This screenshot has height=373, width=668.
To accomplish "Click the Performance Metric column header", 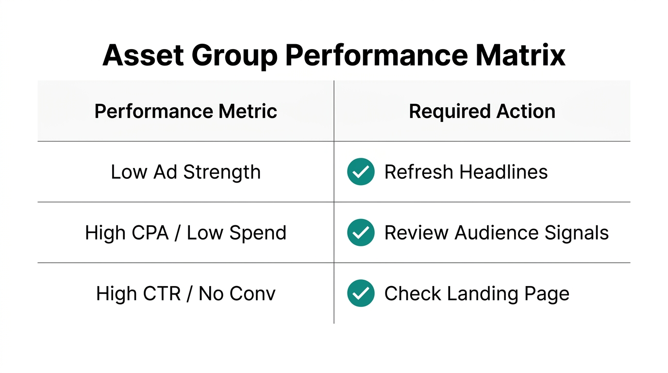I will click(185, 111).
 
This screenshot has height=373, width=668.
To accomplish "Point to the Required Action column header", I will click(482, 111).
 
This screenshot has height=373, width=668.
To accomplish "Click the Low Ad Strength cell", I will click(185, 172).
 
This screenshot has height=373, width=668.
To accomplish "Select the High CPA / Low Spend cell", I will click(185, 233).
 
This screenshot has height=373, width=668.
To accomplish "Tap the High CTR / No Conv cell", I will click(185, 293).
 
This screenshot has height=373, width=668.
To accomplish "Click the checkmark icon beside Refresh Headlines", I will click(361, 172).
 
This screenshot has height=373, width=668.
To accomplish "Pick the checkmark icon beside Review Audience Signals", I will click(361, 233).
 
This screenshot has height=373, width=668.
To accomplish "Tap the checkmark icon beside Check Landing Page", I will click(361, 293).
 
